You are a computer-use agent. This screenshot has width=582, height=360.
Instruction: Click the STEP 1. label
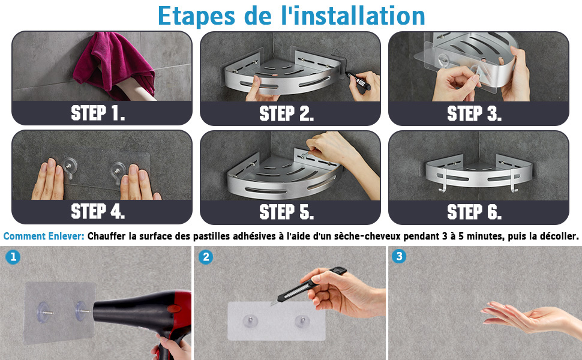pos(98,113)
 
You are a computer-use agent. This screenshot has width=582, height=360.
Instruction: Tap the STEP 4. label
pos(98,212)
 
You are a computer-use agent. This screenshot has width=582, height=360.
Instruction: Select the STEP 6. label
pos(475,212)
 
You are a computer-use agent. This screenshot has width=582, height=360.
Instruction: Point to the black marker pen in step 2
pos(358,80)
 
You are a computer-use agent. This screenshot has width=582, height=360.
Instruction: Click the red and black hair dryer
pos(148,316)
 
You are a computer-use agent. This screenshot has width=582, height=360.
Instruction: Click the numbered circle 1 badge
pos(13,257)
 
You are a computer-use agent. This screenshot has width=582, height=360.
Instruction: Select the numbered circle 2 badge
pos(206,257)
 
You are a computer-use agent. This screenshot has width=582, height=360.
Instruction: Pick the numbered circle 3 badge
pos(399,256)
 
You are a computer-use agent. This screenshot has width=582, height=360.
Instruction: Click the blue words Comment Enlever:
pos(44,236)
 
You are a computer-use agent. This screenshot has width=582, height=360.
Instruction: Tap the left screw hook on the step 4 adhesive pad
pos(70,166)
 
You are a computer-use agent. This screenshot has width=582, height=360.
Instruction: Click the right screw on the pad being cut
pos(301,321)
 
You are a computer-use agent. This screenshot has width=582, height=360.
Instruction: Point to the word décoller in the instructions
pos(560,236)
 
